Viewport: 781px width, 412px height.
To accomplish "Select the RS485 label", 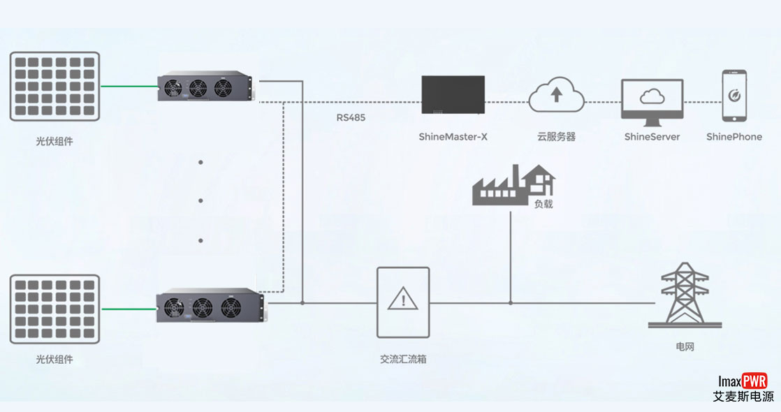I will click(x=351, y=117).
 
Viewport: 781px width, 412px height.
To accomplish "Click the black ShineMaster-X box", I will click(x=453, y=94).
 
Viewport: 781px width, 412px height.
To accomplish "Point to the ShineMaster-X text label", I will click(x=453, y=137).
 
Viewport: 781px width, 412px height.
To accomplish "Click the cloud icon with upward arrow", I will click(x=556, y=95).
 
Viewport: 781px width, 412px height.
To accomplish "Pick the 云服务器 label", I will click(x=556, y=137).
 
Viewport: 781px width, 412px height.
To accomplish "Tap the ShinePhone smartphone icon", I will click(x=733, y=95).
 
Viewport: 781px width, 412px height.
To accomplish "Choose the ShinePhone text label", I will click(x=733, y=137).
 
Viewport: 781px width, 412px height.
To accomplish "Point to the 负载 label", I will click(x=543, y=205).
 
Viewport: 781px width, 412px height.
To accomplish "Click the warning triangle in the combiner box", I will click(x=402, y=300).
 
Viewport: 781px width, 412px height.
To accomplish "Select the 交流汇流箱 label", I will click(x=403, y=360).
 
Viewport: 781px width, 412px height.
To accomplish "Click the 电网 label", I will click(x=685, y=346).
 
